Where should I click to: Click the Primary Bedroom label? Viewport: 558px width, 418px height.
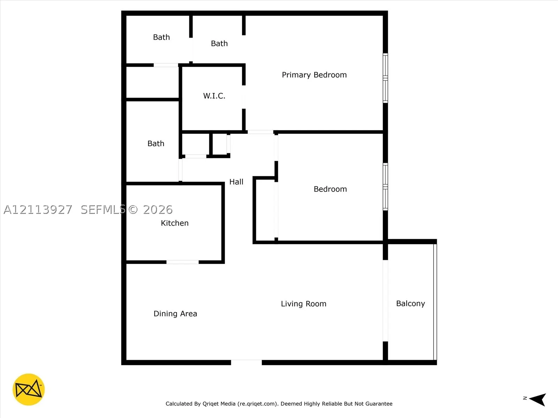314,75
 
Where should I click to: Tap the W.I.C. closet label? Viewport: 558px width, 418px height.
214,96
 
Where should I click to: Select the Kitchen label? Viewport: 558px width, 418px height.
175,223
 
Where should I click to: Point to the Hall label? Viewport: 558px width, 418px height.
236,182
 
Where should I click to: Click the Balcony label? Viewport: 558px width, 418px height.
410,303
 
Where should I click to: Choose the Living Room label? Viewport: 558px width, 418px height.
303,304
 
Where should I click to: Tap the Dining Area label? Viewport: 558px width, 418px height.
175,314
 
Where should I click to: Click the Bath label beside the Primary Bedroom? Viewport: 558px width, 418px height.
219,44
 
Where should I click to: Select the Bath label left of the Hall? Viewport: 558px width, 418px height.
156,144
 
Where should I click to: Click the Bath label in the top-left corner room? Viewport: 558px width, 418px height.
161,37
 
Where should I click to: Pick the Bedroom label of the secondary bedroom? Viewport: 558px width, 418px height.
330,189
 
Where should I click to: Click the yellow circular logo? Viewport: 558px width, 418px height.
29,389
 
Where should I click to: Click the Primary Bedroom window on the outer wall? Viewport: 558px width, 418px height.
385,78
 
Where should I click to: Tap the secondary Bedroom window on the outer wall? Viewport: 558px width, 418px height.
385,187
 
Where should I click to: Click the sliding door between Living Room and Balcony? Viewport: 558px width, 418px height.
385,301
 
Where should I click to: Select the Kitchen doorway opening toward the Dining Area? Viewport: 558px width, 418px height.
182,262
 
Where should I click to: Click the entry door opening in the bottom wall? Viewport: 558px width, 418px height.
246,362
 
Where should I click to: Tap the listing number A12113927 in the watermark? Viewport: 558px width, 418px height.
38,210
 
